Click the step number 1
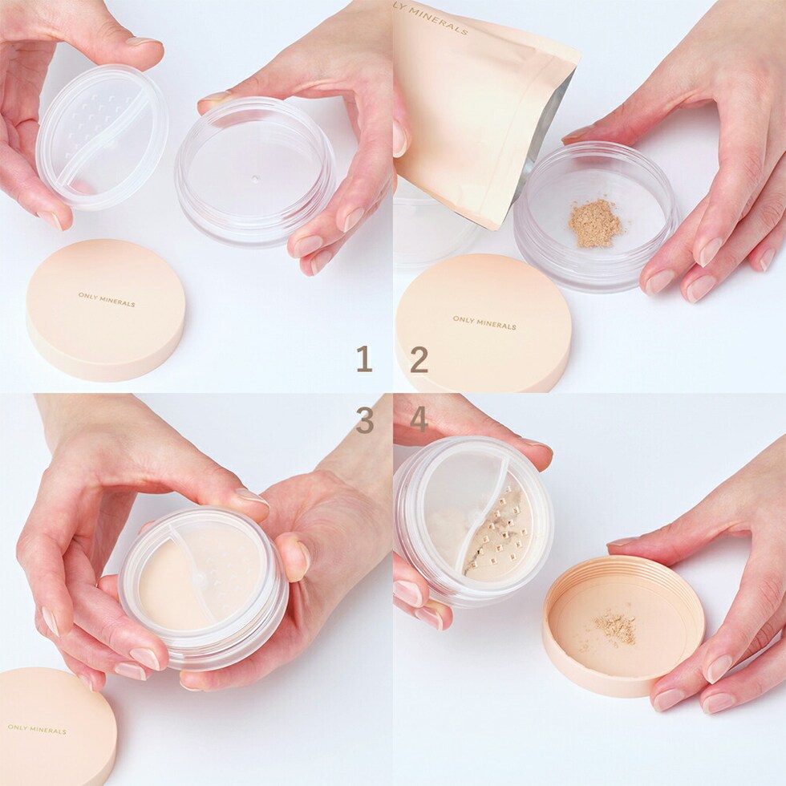click(364, 359)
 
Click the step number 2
click(419, 359)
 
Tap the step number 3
click(364, 419)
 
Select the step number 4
click(419, 419)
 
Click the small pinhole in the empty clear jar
click(255, 178)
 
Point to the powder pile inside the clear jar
click(595, 223)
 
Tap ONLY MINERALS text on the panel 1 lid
click(106, 299)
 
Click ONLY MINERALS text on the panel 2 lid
click(484, 322)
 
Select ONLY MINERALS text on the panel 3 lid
click(37, 729)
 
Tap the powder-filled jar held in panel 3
click(203, 587)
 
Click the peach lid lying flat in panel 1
click(106, 310)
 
